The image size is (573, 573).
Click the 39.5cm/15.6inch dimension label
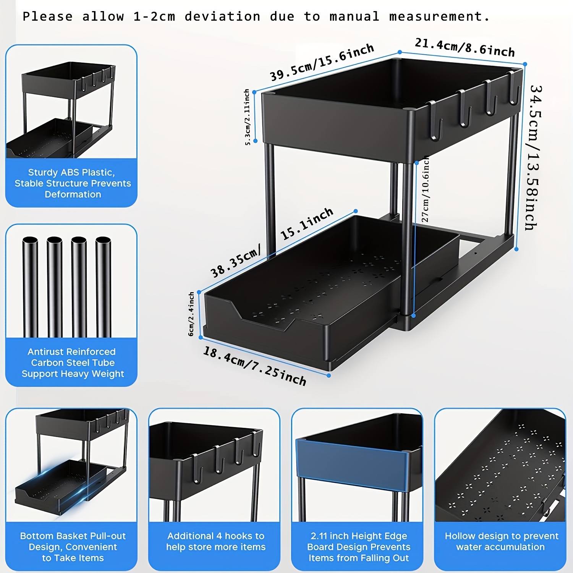(322, 62)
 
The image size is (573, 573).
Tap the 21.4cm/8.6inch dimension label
(465, 47)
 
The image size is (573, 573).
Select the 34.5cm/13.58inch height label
(534, 157)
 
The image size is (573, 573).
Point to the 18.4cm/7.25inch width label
(254, 366)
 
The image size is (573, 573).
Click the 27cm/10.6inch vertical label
(425, 189)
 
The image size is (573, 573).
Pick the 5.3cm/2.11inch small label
(247, 117)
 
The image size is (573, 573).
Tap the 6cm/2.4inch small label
(191, 314)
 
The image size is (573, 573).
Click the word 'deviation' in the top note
(222, 16)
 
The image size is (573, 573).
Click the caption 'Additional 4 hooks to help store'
(216, 541)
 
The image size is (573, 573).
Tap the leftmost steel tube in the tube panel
(30, 286)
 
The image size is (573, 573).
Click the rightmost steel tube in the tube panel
(103, 286)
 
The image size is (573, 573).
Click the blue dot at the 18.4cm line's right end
(329, 376)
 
